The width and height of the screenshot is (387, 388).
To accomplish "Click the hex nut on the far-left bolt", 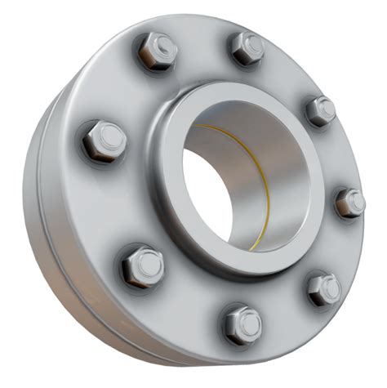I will click(x=103, y=140).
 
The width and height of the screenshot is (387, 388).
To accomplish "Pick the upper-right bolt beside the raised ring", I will click(x=319, y=109).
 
